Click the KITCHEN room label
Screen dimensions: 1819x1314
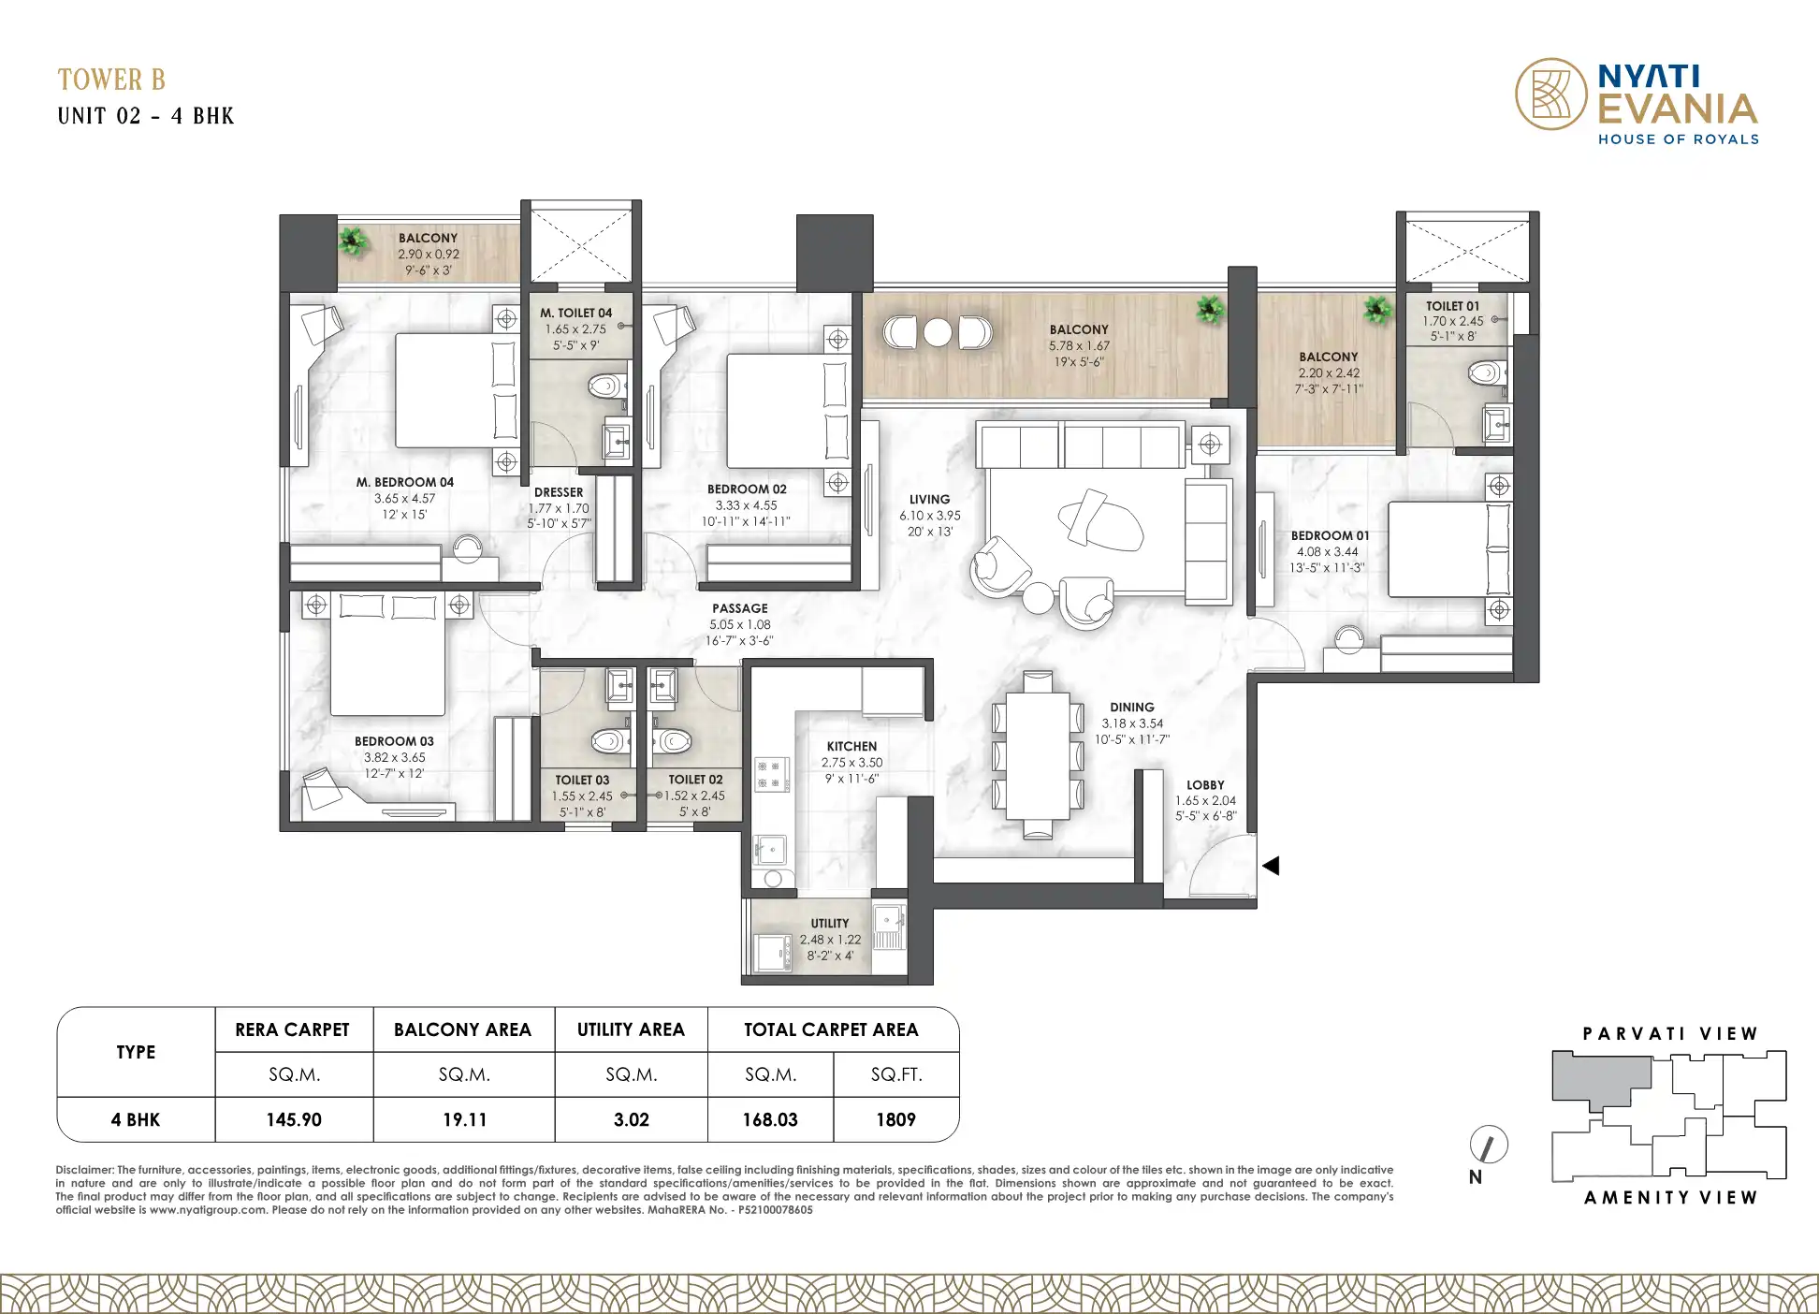pos(851,746)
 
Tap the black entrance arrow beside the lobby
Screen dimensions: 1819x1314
pos(1271,866)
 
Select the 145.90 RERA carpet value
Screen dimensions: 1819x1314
pos(294,1119)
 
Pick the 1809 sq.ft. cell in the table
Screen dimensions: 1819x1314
pos(895,1119)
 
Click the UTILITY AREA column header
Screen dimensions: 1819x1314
pos(631,1029)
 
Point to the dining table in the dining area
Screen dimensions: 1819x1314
pos(1038,755)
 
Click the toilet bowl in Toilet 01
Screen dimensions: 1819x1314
pos(1485,372)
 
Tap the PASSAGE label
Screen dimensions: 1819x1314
pos(739,608)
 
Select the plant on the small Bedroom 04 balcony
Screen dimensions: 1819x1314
pos(353,241)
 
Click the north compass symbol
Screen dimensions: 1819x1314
pos(1489,1145)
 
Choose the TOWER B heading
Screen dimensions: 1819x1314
pos(111,80)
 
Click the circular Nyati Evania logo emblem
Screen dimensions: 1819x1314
pos(1551,94)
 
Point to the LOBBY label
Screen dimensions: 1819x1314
pos(1205,785)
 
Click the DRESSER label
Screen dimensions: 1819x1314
pos(559,492)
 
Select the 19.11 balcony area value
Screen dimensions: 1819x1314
pos(464,1119)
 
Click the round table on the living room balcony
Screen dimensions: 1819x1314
pos(938,332)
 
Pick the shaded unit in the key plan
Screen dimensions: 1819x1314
pos(1600,1079)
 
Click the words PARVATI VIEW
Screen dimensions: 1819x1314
pos(1670,1034)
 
